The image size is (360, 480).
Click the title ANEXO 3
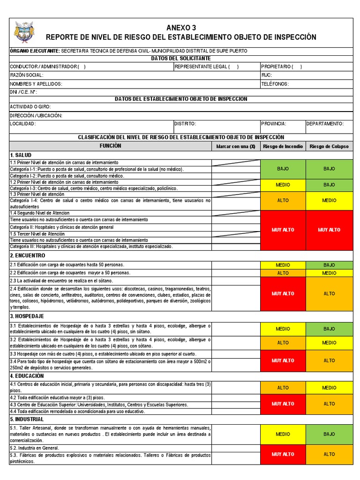pos(181,28)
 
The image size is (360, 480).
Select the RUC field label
pos(266,75)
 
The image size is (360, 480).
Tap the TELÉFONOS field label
pos(275,84)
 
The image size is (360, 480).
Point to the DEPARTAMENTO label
pos(325,124)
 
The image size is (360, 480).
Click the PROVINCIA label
pos(273,124)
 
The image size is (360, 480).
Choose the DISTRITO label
pos(185,124)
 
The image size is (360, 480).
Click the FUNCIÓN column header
pos(110,146)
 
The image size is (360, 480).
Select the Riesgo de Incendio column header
pos(283,146)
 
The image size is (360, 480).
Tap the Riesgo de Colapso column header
pos(329,146)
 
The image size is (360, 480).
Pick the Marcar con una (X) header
pos(235,146)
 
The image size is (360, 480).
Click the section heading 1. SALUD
pos(21,155)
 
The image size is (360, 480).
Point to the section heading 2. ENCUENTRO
pos(28,255)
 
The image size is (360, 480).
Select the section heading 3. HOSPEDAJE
pos(27,316)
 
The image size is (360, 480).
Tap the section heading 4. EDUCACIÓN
pos(27,376)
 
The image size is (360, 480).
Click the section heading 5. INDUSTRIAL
pos(27,419)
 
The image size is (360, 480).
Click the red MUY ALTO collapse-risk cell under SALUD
pos(329,230)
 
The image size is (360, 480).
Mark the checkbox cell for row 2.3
pos(235,280)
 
